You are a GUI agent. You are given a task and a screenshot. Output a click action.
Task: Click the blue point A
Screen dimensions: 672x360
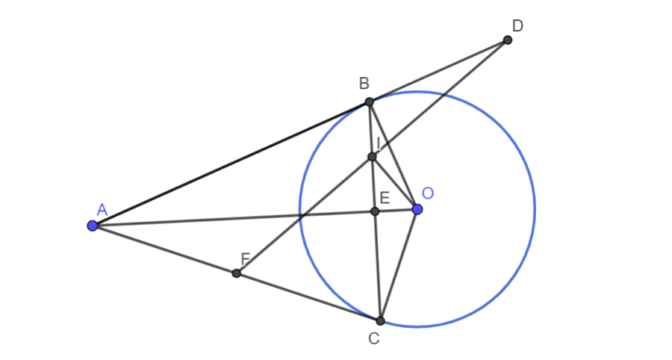pos(92,226)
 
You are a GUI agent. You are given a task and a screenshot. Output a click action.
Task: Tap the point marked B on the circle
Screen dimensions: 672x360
pos(370,102)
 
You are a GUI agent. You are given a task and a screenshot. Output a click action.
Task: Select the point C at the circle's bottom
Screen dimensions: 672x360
pos(380,320)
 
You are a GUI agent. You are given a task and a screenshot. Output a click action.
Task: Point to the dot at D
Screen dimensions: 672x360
pos(508,40)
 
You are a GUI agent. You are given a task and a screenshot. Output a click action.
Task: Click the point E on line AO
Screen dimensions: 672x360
pos(375,211)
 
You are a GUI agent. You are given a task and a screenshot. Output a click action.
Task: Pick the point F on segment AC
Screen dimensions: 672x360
pos(236,273)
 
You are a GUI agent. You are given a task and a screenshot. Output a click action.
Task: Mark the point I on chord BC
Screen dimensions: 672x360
pos(372,157)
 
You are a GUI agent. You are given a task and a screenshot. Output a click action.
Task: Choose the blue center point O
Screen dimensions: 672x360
pos(417,209)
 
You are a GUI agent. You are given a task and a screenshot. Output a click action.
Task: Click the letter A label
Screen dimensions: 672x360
pos(102,210)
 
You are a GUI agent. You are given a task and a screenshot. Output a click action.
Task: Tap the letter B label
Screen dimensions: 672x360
pos(364,83)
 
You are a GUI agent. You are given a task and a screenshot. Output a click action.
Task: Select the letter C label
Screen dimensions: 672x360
pos(374,339)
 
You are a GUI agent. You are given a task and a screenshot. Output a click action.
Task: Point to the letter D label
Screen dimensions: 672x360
pos(517,26)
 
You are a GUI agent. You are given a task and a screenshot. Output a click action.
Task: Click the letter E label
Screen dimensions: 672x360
pos(385,198)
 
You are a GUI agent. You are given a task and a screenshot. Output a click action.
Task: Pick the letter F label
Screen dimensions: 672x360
pos(245,259)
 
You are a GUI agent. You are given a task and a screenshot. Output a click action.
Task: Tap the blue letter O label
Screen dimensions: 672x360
pos(428,193)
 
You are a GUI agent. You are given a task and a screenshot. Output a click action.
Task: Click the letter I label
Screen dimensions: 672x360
pos(378,143)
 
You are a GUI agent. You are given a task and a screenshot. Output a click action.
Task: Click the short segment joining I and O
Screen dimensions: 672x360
pos(395,183)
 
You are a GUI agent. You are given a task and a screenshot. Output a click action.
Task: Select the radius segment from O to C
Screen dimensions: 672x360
pos(399,265)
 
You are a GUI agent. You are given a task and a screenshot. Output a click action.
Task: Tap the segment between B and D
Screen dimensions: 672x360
pos(438,71)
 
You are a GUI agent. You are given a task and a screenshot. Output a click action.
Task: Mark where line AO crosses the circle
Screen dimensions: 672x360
pos(300,214)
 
